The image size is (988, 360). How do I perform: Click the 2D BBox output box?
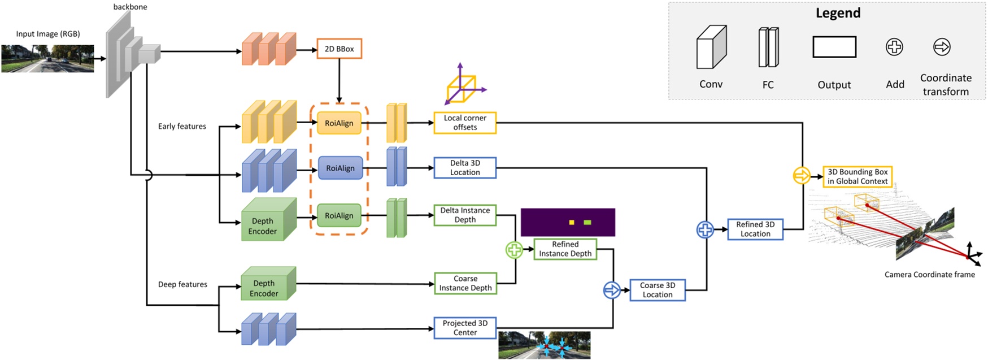pyautogui.click(x=339, y=49)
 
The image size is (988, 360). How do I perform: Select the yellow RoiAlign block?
pyautogui.click(x=339, y=123)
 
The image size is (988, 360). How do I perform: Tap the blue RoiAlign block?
pyautogui.click(x=340, y=168)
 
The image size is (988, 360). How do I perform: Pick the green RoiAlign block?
pyautogui.click(x=339, y=215)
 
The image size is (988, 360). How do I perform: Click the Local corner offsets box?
pyautogui.click(x=465, y=123)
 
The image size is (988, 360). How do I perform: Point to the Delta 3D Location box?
pyautogui.click(x=465, y=168)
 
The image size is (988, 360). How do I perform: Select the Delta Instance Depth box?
pyautogui.click(x=465, y=215)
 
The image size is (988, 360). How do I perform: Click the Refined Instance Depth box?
pyautogui.click(x=565, y=249)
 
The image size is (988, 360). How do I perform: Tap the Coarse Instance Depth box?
pyautogui.click(x=465, y=283)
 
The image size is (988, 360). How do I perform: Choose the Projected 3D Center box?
pyautogui.click(x=465, y=328)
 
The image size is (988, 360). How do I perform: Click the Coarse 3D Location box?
pyautogui.click(x=658, y=290)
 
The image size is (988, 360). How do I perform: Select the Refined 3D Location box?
pyautogui.click(x=755, y=229)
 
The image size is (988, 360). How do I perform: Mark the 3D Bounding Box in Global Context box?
pyautogui.click(x=858, y=176)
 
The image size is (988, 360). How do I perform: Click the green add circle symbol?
pyautogui.click(x=514, y=249)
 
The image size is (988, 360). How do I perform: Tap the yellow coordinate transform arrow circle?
pyautogui.click(x=802, y=176)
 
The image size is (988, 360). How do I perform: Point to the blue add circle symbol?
pyautogui.click(x=705, y=229)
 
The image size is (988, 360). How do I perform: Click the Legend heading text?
pyautogui.click(x=838, y=13)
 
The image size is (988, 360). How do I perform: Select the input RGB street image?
pyautogui.click(x=47, y=59)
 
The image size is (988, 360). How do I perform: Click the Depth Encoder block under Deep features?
pyautogui.click(x=264, y=287)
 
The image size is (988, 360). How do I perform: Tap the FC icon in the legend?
pyautogui.click(x=768, y=47)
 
